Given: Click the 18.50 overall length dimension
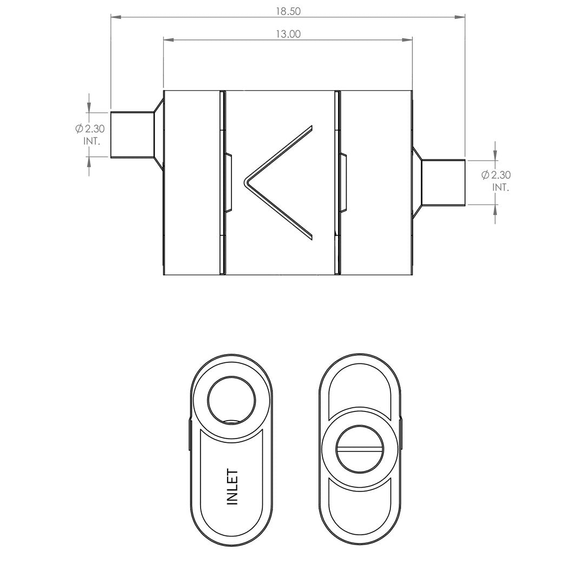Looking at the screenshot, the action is click(x=288, y=11).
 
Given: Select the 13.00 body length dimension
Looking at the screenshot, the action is click(x=288, y=34).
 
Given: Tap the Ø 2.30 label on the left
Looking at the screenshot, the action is click(x=90, y=129).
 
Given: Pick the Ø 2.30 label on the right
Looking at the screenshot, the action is click(x=496, y=175).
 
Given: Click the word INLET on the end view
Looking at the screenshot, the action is click(x=233, y=487).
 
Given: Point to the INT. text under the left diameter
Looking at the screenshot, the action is click(x=91, y=142).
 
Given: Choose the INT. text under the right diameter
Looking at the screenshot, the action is click(x=501, y=187).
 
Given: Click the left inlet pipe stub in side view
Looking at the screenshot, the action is click(x=132, y=135).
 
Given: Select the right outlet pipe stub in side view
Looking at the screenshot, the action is click(x=443, y=182).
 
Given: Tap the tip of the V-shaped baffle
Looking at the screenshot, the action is click(x=245, y=182).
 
